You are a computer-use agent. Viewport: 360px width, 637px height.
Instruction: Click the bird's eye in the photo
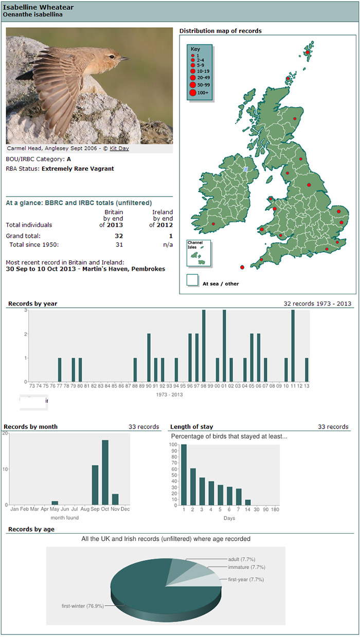coord(112,57)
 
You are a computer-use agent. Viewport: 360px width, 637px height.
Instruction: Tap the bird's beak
coord(124,59)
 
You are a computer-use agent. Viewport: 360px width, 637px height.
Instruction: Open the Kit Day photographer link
coord(119,148)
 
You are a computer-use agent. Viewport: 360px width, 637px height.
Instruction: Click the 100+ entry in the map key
coord(200,93)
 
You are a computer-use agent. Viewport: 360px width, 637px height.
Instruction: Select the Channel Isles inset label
coord(195,245)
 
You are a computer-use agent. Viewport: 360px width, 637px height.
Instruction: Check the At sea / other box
coord(192,280)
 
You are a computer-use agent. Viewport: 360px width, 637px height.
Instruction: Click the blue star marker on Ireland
coord(245,169)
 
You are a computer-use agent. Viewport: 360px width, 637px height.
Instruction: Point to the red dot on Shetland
coord(308,52)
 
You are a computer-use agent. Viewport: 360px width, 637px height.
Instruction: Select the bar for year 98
coord(204,346)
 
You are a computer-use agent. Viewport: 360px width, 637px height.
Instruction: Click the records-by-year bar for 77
coord(60,369)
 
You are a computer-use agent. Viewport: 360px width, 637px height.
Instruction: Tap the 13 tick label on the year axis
coord(307,386)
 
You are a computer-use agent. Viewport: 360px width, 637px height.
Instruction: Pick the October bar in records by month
coord(105,472)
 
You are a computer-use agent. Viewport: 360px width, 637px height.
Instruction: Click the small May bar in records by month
coord(55,503)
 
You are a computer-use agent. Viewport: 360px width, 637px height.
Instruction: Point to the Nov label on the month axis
coord(115,509)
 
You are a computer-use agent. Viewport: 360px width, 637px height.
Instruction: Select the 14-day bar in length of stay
coord(248,502)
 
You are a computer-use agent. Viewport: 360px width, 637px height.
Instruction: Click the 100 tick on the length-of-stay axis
coord(173,445)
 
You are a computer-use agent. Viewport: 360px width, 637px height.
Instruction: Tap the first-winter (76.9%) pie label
coord(83,606)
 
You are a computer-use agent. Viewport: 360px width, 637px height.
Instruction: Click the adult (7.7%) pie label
coord(242,559)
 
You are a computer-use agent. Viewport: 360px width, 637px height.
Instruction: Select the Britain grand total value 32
coord(119,236)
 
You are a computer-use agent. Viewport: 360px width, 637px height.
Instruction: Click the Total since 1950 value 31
coord(119,244)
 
